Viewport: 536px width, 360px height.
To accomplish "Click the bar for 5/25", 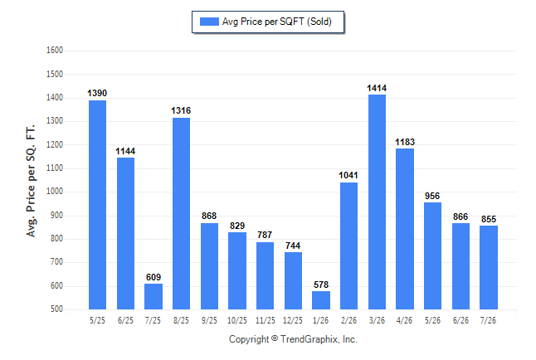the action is (97, 205).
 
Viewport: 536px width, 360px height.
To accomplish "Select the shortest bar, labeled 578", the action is (321, 300).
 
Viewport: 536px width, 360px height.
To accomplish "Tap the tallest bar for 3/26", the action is (377, 202).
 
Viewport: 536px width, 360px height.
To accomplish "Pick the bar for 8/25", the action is (181, 214).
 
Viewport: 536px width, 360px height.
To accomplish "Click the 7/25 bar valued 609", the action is (153, 296).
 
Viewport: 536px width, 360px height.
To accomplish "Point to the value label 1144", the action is (125, 151).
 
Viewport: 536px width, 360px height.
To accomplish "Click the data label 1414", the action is (377, 88).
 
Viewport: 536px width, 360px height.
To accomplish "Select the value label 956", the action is (432, 196).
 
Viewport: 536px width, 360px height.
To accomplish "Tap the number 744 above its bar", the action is (293, 246).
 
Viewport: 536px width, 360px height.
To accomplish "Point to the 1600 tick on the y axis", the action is (55, 51).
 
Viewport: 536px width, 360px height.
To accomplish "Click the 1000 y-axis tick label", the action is (55, 192).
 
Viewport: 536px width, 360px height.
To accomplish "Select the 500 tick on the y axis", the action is (56, 309).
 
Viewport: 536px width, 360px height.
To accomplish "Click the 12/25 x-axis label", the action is (293, 320).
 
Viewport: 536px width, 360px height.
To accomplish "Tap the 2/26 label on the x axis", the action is (348, 320).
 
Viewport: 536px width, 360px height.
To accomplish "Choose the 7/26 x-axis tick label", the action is (488, 320).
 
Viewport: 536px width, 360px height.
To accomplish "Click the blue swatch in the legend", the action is (209, 22).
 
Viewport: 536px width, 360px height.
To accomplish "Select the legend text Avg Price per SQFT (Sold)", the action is (277, 22).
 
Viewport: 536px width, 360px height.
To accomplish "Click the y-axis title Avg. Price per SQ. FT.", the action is (31, 181).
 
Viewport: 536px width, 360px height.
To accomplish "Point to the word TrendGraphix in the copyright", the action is (309, 339).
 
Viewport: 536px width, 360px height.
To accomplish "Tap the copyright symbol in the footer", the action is (275, 338).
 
